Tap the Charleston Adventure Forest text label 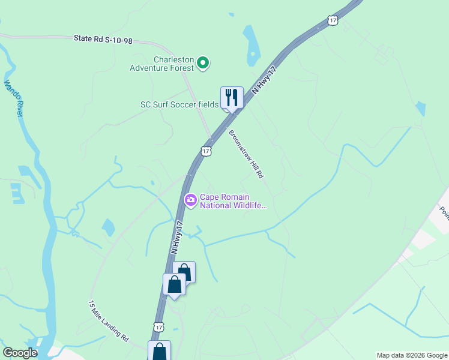(x=164, y=64)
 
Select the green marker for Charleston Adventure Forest (x=203, y=62)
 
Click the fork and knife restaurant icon (x=231, y=97)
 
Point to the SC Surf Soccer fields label (x=179, y=104)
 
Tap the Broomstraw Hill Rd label (x=246, y=154)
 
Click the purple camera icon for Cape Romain (x=191, y=200)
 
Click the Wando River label (x=13, y=100)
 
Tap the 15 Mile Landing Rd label (x=109, y=321)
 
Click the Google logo (x=20, y=353)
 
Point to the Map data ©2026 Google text (x=412, y=355)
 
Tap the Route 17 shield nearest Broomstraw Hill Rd (x=206, y=151)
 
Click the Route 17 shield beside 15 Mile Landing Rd (x=158, y=326)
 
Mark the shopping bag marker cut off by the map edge (x=160, y=350)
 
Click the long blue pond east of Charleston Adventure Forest (x=250, y=47)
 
